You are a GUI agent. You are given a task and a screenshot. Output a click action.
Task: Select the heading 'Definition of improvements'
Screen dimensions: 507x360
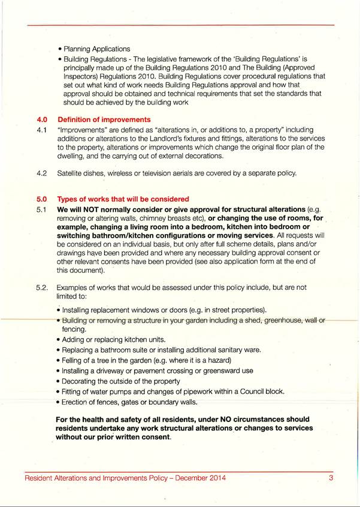(x=104, y=120)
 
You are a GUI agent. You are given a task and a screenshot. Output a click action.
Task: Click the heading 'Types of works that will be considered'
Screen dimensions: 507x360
(x=123, y=199)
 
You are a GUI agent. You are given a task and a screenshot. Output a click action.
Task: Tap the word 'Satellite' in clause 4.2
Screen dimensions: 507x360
(x=72, y=173)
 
